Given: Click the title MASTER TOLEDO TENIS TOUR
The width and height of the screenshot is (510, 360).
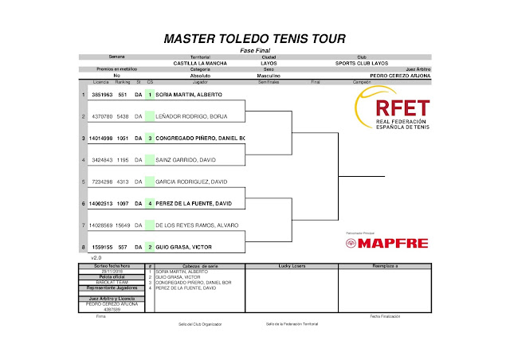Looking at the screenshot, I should click(254, 38).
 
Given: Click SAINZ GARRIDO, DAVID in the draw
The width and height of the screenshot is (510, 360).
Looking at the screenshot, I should click(184, 160).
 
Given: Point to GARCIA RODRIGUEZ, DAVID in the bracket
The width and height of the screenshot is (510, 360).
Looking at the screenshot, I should click(191, 182).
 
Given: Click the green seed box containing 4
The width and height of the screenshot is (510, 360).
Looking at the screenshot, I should click(149, 204).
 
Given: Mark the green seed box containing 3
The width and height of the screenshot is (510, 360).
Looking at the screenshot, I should click(149, 138).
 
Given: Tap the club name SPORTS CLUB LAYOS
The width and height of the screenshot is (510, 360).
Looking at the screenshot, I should click(362, 63).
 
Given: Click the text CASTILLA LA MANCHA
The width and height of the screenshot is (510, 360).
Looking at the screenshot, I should click(201, 63).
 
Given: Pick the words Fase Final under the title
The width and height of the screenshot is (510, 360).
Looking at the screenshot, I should click(254, 49).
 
